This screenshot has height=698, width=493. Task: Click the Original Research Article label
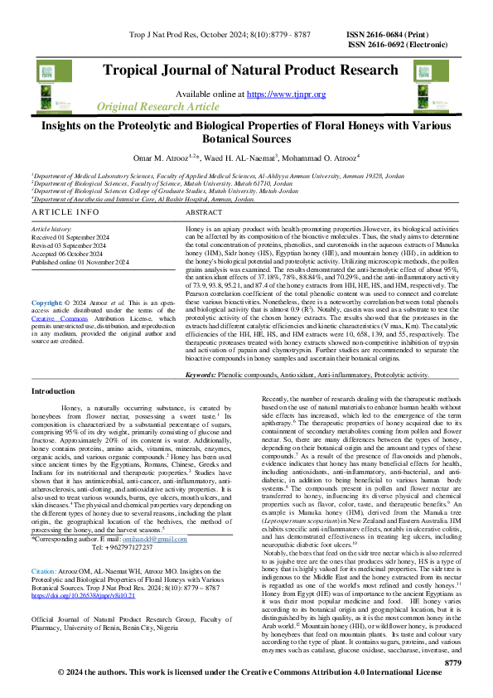point(158,108)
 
